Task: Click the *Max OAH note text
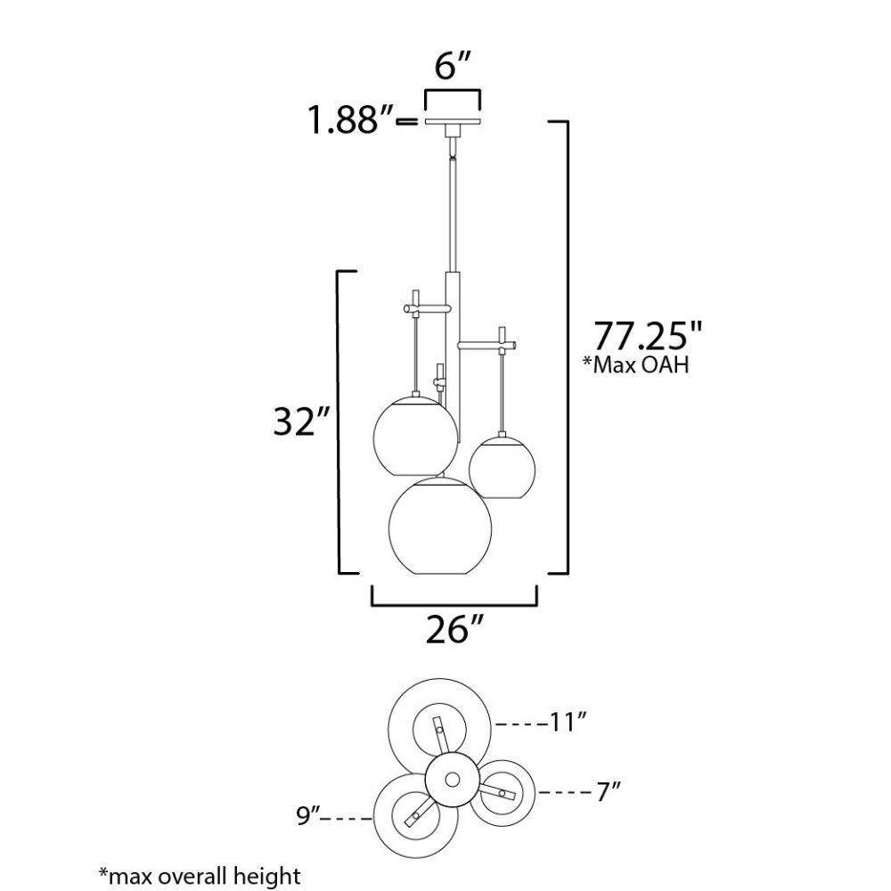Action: pos(636,364)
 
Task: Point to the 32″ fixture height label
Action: pos(301,421)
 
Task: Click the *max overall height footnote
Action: pos(200,876)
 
